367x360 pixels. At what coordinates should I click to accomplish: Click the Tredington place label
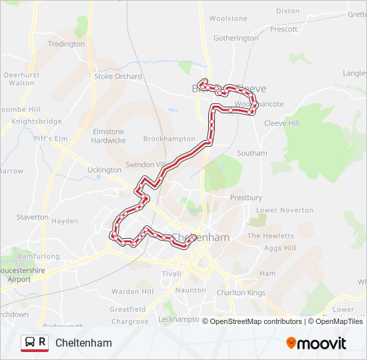(65, 44)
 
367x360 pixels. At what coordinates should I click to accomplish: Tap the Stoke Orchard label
(118, 77)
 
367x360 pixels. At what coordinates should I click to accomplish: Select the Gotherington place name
(236, 38)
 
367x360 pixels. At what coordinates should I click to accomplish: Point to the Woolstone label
(228, 19)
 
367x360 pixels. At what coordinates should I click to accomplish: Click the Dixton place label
(288, 11)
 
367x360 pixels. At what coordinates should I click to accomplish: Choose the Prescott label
(284, 29)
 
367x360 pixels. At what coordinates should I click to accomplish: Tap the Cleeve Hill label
(282, 123)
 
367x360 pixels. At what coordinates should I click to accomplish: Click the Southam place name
(252, 153)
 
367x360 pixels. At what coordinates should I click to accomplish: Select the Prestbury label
(246, 198)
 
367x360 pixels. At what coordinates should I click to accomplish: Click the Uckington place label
(104, 170)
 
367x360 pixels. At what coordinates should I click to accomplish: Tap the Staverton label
(32, 217)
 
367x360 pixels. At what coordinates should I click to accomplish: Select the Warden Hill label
(132, 292)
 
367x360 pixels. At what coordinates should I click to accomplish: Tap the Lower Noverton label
(285, 210)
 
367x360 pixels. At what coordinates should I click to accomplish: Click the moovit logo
(316, 343)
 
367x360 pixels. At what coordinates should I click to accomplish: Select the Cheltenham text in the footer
(83, 343)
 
